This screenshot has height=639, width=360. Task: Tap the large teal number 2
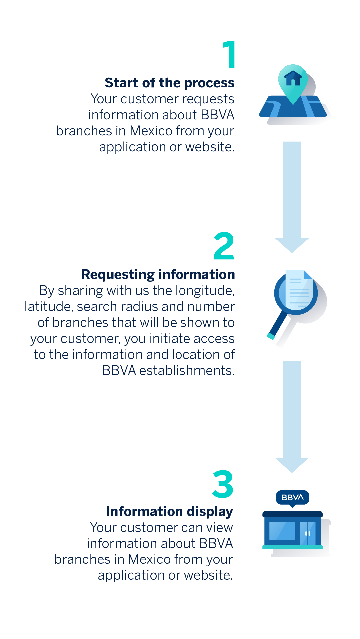(224, 246)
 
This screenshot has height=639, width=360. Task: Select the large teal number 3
(223, 484)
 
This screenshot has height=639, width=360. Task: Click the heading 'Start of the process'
(170, 83)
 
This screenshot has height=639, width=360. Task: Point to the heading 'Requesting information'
(158, 275)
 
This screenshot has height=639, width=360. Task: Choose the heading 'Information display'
(170, 512)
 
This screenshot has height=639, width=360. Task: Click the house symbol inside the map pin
(293, 79)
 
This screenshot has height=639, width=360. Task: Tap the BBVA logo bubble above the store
(293, 498)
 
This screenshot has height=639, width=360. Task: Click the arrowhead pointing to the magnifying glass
(292, 245)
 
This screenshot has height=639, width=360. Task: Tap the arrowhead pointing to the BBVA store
(292, 465)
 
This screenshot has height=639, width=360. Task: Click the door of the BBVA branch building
(308, 533)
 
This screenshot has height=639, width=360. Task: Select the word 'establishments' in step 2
(187, 371)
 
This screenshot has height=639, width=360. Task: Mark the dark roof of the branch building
(293, 514)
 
